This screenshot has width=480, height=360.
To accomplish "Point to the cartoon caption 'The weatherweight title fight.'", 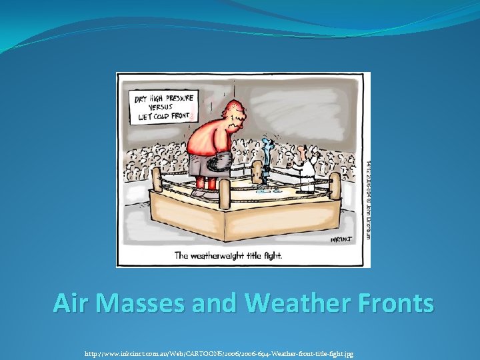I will coord(227,255).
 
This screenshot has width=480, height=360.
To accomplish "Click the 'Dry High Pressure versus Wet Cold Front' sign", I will coord(162,107).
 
